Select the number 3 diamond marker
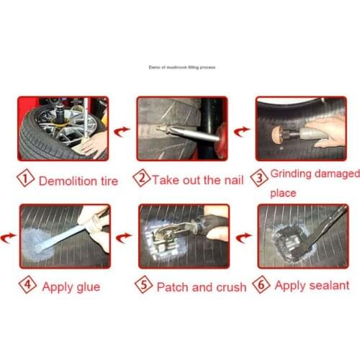[x=260, y=176]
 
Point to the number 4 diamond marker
[x=27, y=286]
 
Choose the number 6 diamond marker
[x=261, y=285]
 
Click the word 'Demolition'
[x=66, y=181]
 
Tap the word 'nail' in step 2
[x=233, y=179]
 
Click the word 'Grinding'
[x=297, y=176]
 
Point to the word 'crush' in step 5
[x=228, y=287]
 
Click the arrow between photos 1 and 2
[x=123, y=131]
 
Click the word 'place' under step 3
[x=283, y=193]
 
